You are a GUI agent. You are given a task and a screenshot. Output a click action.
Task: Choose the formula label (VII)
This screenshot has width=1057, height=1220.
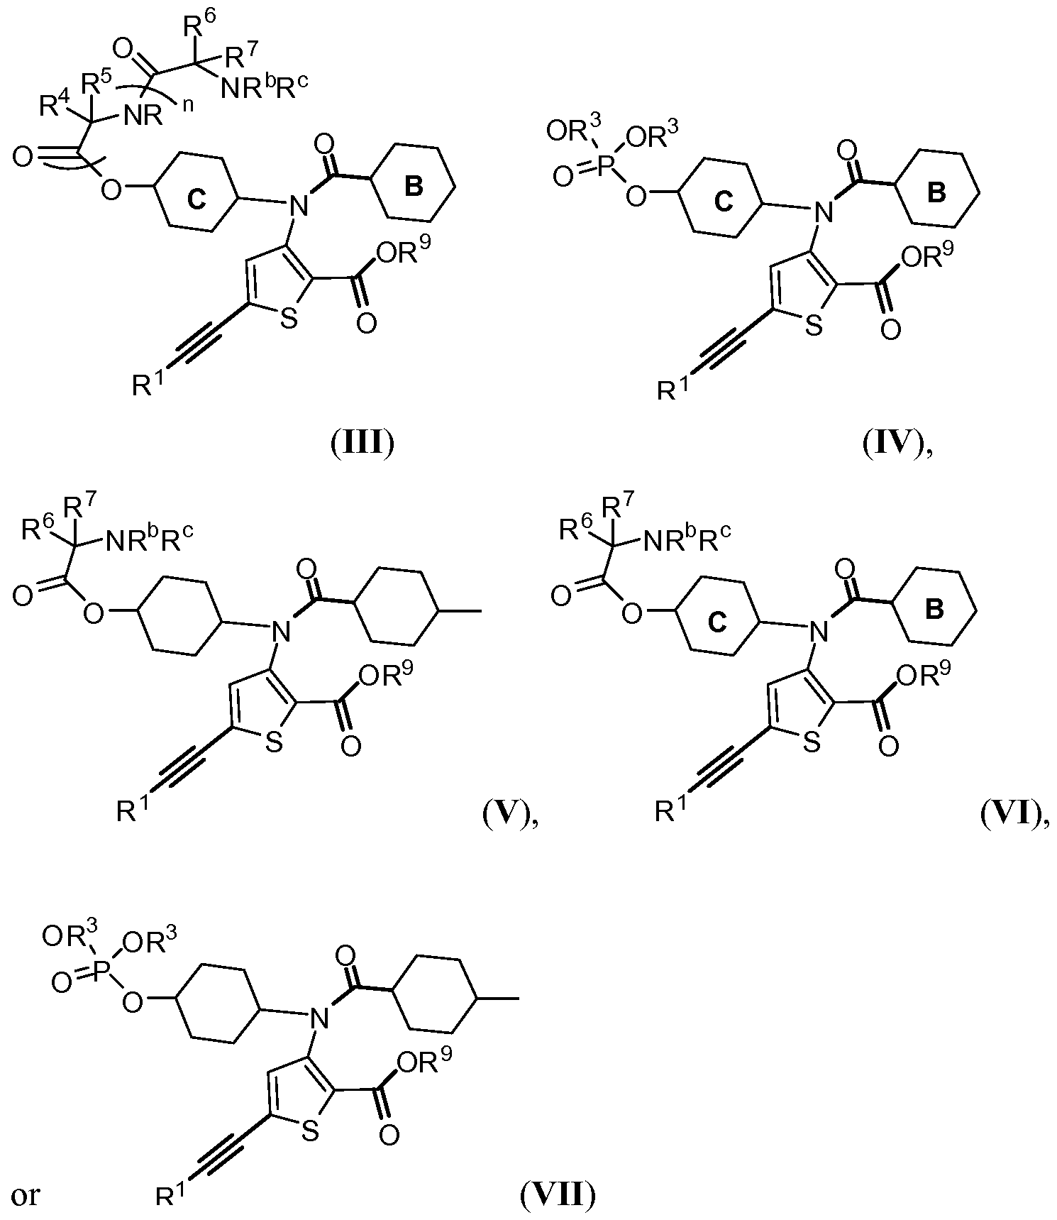click(558, 1196)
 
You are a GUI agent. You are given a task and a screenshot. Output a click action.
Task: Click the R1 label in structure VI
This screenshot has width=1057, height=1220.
click(671, 811)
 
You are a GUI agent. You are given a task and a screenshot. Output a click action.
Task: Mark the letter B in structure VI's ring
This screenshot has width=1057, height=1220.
click(935, 611)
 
